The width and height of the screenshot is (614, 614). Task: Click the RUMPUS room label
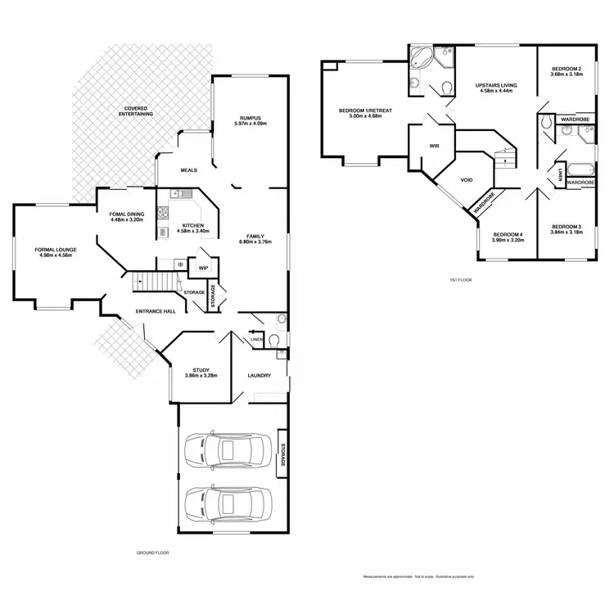tap(249, 117)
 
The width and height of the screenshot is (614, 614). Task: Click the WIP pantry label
tap(202, 268)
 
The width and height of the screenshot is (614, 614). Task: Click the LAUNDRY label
tap(260, 376)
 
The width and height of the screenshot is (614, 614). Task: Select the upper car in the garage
tap(226, 450)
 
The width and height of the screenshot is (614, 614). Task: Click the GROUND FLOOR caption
tap(151, 553)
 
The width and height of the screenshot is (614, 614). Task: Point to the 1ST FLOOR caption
tap(462, 280)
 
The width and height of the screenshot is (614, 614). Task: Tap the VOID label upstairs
tap(467, 180)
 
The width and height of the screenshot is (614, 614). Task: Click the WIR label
tap(435, 146)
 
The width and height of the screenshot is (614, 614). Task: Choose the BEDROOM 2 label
tap(567, 69)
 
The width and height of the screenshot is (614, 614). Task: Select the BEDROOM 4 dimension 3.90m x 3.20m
tap(508, 241)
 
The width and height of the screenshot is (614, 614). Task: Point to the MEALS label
tap(190, 170)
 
